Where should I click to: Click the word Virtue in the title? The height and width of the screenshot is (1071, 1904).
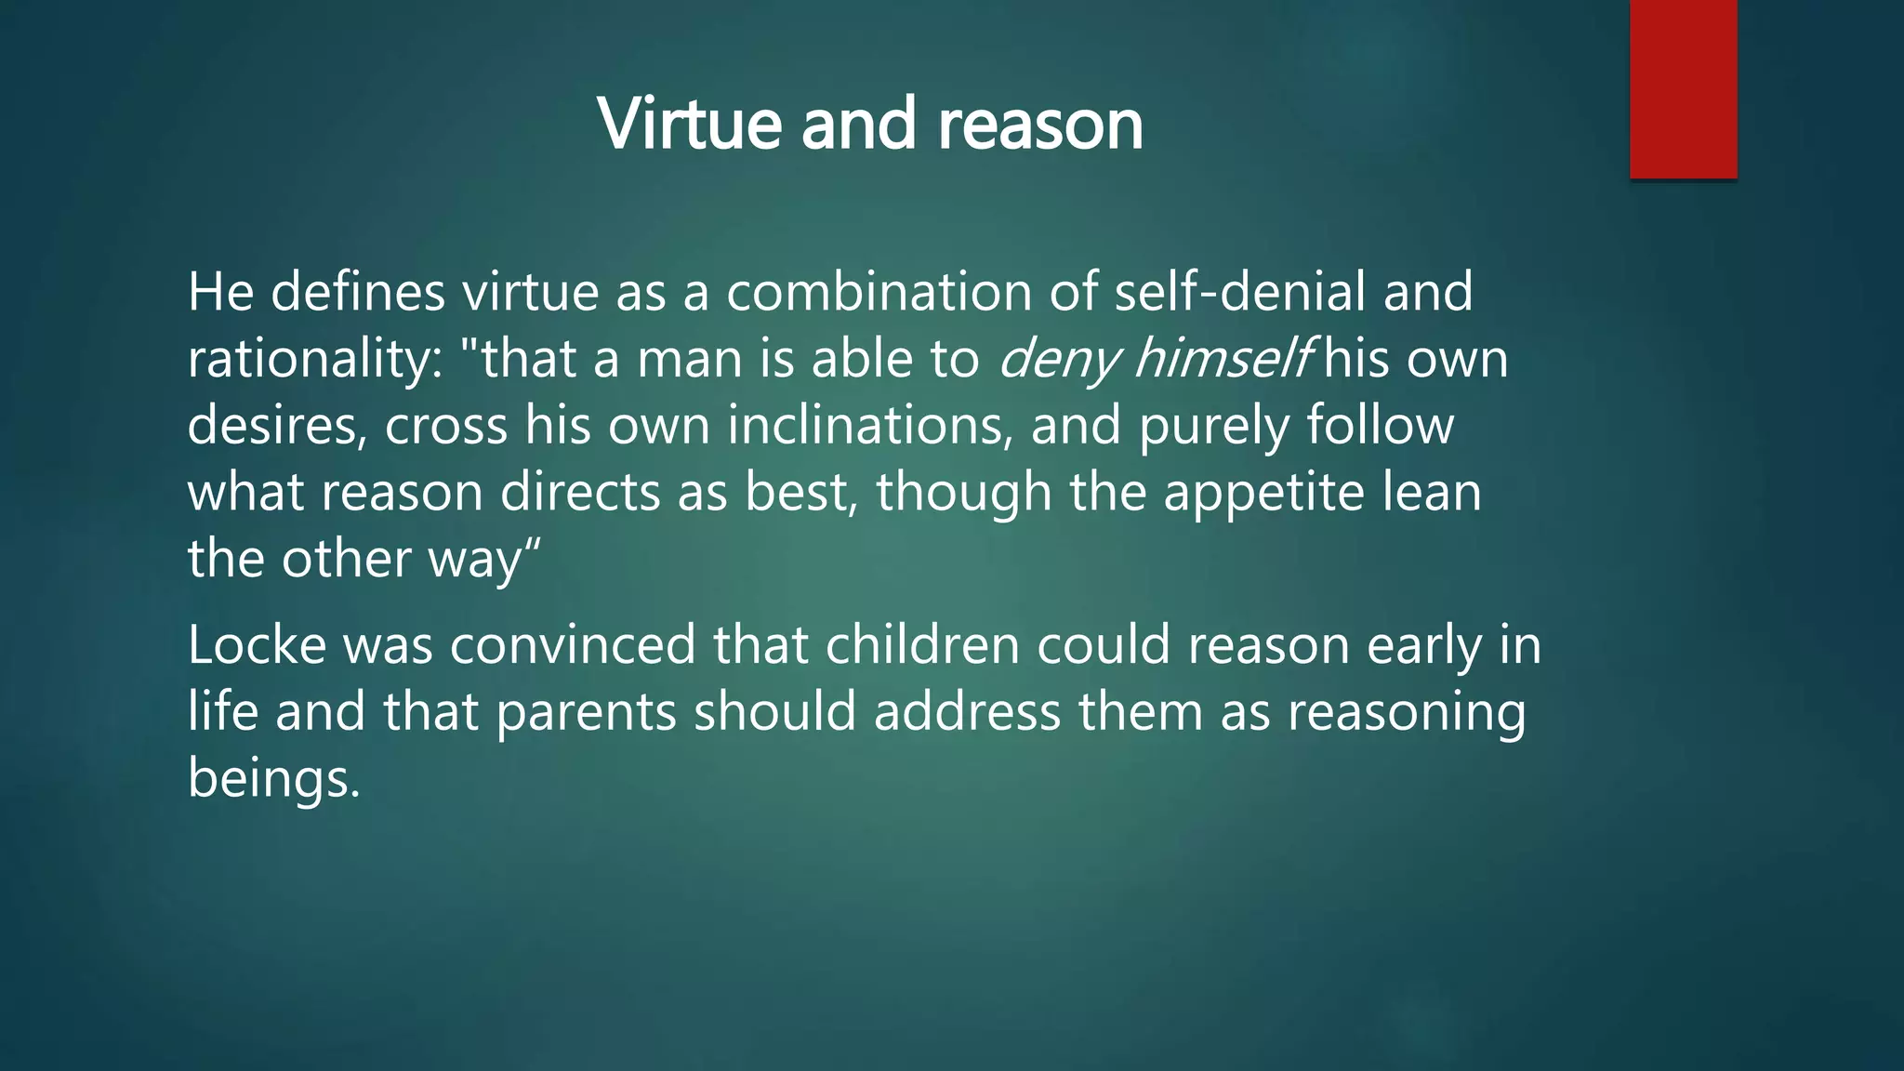click(x=689, y=124)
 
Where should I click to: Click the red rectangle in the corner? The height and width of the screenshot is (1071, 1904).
click(x=1683, y=88)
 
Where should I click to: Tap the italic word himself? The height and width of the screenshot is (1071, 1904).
click(x=1223, y=359)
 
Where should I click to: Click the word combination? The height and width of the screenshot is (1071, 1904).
click(x=878, y=292)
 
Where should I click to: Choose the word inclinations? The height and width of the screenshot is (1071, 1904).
click(x=868, y=426)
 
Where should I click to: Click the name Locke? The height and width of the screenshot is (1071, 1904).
click(x=257, y=645)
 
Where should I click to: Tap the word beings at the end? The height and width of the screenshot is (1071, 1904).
click(x=272, y=779)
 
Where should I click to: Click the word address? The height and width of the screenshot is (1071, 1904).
click(x=967, y=712)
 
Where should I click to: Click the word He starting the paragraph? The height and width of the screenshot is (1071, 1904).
click(x=220, y=292)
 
